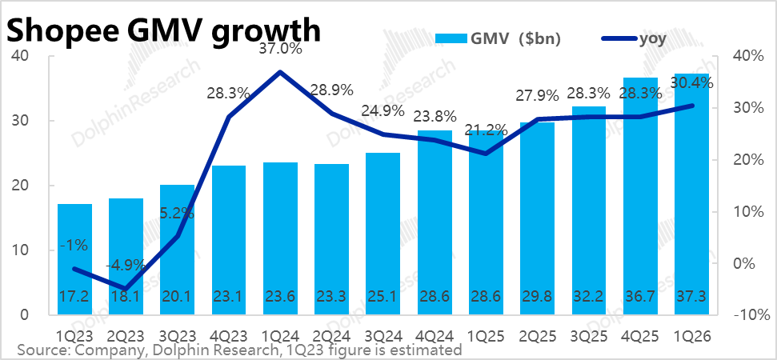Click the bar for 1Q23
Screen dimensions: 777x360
[75, 259]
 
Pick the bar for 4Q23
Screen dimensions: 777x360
[229, 240]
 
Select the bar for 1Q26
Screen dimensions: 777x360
[691, 194]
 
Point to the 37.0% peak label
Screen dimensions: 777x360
[281, 50]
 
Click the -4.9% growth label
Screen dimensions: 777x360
[126, 264]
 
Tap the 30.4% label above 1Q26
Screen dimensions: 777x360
[691, 83]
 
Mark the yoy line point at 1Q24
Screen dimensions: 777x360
[281, 72]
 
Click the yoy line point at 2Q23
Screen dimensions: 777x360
[126, 289]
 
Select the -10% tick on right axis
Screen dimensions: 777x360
[747, 315]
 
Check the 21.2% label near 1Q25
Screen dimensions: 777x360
[486, 130]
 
